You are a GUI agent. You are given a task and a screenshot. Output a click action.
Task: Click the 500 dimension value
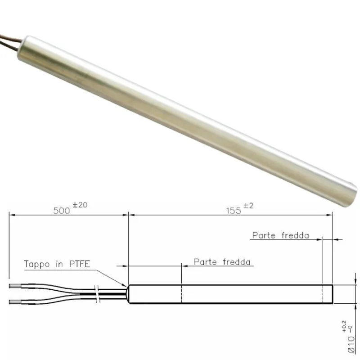click(x=61, y=211)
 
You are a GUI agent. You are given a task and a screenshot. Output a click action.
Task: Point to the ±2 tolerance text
click(x=249, y=206)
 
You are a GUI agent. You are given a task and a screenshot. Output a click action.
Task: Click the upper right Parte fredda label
click(x=280, y=235)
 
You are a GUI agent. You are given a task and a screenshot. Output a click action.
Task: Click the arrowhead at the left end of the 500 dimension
click(x=11, y=215)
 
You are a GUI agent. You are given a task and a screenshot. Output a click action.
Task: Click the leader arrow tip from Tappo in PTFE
click(x=127, y=286)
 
